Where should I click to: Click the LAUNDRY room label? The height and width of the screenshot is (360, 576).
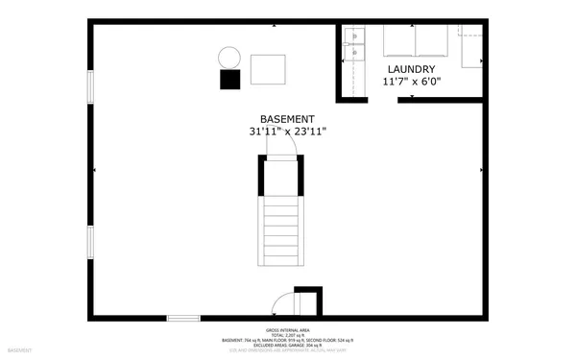click(412, 70)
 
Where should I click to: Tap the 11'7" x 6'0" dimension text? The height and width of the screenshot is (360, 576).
click(412, 83)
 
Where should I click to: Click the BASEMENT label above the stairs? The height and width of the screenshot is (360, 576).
click(287, 120)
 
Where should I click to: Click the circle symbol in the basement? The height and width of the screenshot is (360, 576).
click(229, 58)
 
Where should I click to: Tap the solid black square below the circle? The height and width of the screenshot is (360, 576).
click(230, 80)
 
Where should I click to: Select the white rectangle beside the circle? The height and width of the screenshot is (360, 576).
click(268, 69)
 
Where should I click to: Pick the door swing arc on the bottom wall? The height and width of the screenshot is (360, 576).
click(283, 305)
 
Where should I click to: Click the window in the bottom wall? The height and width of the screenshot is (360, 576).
click(183, 317)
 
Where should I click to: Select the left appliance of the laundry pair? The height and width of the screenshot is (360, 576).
click(398, 42)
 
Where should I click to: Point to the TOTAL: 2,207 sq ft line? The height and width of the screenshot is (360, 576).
click(288, 333)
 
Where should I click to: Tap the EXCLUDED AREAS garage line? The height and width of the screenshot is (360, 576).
click(288, 345)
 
